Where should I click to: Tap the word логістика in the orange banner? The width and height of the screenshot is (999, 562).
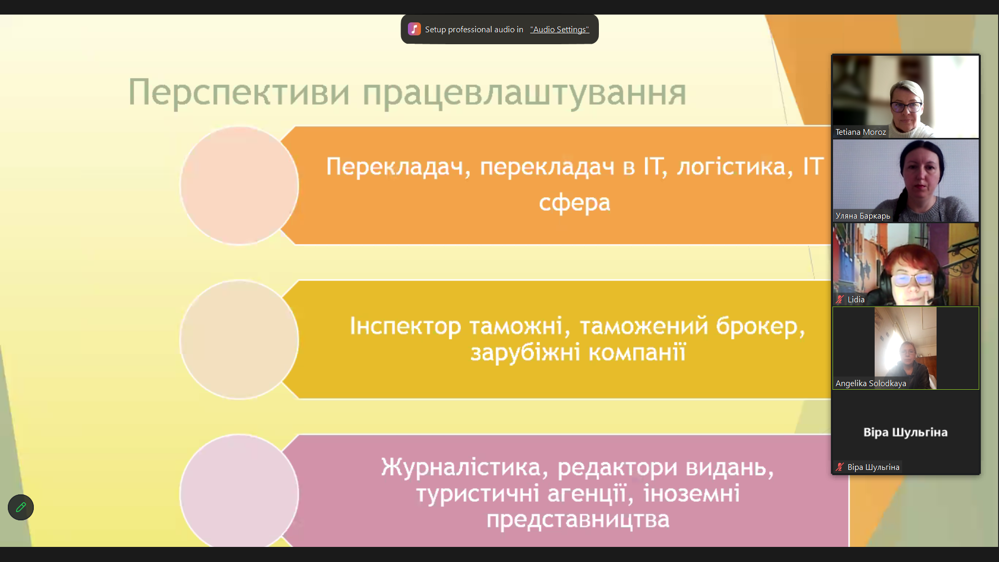point(735,167)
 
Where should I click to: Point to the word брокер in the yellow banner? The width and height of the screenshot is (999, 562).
point(760,326)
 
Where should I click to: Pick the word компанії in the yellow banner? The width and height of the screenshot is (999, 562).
point(637,352)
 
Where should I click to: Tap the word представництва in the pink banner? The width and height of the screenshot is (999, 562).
point(578,519)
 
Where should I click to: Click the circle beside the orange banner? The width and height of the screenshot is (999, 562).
point(239,185)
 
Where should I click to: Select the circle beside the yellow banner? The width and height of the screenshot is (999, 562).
point(239,340)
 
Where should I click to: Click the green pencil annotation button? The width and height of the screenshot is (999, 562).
point(21,507)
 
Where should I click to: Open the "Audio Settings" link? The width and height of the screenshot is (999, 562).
point(559,30)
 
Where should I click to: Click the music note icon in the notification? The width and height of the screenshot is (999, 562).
point(414,29)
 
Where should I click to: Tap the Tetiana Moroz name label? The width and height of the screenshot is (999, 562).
point(861,132)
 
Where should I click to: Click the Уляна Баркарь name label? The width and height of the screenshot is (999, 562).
point(863,216)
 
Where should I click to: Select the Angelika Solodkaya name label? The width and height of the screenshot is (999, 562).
point(870,384)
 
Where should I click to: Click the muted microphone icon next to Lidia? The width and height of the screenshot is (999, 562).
point(839,300)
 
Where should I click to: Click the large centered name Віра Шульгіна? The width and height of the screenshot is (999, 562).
point(905,432)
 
